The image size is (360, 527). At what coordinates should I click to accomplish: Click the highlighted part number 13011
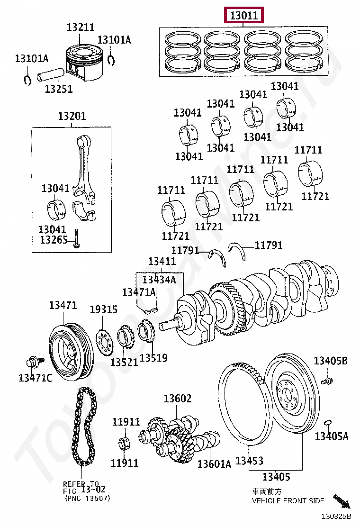244,16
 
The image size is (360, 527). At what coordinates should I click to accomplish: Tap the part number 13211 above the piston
80,27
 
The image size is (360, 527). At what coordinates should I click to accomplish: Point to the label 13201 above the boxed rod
72,116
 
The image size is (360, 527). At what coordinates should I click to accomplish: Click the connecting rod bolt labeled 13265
77,238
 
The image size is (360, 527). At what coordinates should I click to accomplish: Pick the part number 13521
124,362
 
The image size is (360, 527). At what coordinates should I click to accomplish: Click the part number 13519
153,358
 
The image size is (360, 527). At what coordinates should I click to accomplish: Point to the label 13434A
159,279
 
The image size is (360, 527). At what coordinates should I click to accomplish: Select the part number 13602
177,399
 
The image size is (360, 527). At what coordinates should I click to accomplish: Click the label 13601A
214,464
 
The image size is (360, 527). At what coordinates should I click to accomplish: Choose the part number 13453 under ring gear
249,461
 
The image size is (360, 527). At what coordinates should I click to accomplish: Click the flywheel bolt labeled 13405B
327,381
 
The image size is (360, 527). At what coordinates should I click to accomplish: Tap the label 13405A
332,436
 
